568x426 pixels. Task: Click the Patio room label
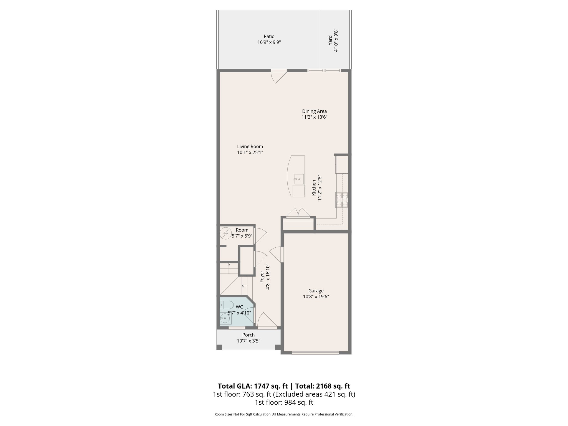point(269,36)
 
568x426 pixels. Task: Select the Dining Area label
point(314,111)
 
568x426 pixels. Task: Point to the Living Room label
point(250,146)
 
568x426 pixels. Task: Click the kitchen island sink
point(299,179)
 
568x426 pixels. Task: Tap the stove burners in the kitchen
point(342,200)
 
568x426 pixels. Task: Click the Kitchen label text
point(314,187)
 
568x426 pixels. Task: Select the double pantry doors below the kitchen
point(298,213)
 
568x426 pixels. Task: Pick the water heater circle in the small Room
point(225,233)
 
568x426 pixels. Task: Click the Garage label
point(316,291)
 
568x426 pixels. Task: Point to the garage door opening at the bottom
point(315,353)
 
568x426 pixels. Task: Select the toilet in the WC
point(227,305)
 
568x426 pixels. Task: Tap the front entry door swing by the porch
point(267,320)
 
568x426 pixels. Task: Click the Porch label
point(248,335)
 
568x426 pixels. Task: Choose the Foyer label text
point(262,277)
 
